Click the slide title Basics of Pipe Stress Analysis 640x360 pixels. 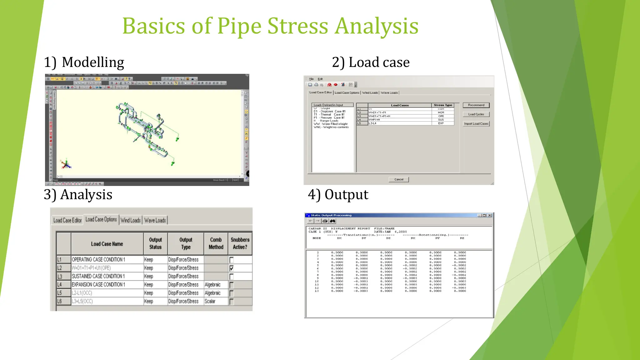coord(270,26)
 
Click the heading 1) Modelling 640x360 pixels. coord(84,62)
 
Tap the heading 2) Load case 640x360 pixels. coord(371,62)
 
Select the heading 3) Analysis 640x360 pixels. coord(78,194)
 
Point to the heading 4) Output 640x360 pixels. coord(338,194)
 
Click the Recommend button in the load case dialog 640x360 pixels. coord(476,105)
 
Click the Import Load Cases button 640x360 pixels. coord(476,124)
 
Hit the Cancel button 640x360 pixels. coord(399,179)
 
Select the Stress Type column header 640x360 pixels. coord(443,105)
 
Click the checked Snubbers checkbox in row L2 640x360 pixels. coord(232,268)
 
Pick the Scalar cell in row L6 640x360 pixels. coord(210,301)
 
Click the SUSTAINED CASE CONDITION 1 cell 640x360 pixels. coord(98,276)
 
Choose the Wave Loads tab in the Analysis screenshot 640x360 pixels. coord(155,220)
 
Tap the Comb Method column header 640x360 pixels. coord(216,243)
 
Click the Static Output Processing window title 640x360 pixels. coord(331,215)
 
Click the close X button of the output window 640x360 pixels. coord(490,215)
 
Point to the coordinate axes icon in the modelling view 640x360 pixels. coord(66,164)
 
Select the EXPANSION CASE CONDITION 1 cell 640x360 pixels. coord(98,285)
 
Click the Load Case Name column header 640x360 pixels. coord(107,244)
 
